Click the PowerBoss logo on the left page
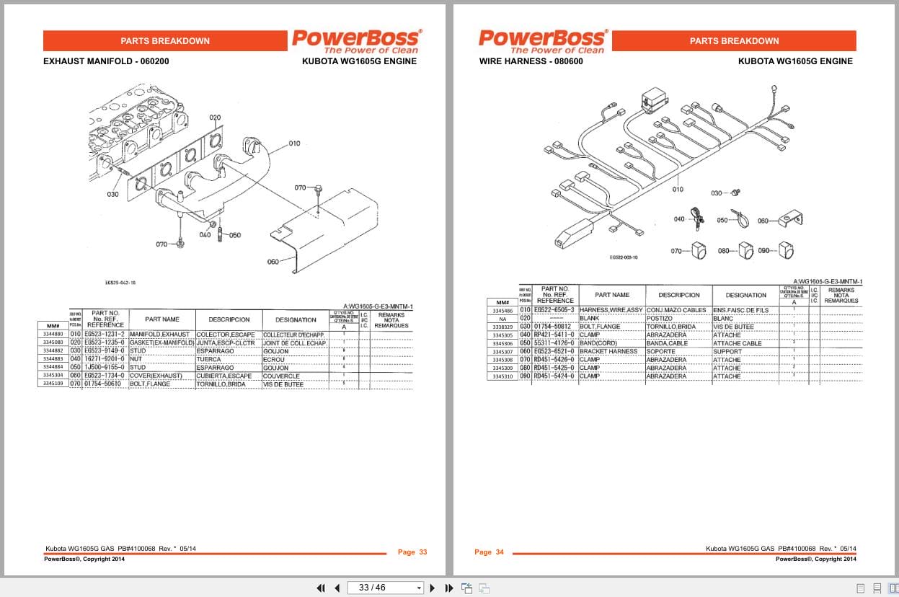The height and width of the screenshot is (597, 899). click(355, 40)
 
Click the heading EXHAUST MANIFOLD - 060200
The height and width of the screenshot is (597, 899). click(106, 61)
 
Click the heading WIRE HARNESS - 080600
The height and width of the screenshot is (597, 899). click(531, 61)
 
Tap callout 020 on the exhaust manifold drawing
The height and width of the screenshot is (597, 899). click(215, 117)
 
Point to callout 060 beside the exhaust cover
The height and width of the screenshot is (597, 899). click(273, 262)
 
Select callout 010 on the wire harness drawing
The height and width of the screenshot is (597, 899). click(677, 190)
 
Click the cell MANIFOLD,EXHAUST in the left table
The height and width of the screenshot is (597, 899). click(160, 335)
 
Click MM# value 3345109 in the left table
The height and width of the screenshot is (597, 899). click(53, 384)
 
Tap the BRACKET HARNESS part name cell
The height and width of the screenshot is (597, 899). click(608, 351)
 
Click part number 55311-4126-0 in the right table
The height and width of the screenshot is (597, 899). click(554, 343)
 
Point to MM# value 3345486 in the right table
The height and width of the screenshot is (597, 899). click(502, 311)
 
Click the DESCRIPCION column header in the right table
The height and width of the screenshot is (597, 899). click(678, 295)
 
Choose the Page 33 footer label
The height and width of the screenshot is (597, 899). click(412, 552)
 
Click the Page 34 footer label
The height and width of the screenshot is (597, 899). click(489, 552)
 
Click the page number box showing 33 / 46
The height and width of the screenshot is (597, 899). click(385, 588)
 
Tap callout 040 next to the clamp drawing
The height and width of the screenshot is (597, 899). click(679, 219)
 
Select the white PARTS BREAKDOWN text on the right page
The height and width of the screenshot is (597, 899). click(734, 41)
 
